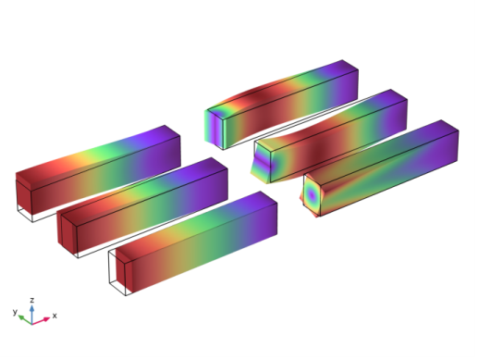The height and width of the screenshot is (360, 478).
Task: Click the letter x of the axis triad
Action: pos(55,316)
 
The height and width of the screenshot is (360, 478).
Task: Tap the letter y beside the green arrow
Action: pos(15,312)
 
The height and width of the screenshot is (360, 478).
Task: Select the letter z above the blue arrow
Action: pos(31,300)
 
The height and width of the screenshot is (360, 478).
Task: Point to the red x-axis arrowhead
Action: pos(46,319)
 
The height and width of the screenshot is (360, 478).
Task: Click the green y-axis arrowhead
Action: pos(20,317)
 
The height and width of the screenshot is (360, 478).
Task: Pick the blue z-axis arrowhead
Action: pos(31,308)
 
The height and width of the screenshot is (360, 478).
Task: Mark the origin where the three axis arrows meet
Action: pos(31,324)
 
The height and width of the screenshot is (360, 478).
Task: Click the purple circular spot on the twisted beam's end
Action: pos(312,195)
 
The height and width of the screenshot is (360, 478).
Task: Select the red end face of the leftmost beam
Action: pos(24,196)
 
